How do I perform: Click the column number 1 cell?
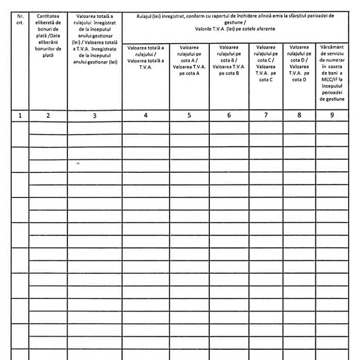20,116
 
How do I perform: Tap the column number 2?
48,116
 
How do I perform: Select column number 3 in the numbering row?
95,116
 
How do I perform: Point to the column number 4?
146,116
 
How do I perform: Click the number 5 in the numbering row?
189,116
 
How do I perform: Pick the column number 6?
229,116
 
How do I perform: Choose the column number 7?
266,116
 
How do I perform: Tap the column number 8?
299,116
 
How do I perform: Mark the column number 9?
332,116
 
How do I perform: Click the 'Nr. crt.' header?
20,20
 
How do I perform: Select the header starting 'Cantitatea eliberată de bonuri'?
48,36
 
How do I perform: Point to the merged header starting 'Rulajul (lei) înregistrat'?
236,22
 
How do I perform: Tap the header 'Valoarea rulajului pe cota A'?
189,60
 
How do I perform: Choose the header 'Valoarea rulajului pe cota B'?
229,60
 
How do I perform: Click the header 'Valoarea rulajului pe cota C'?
266,63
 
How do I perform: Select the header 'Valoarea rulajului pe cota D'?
299,63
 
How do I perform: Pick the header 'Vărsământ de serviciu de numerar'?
332,72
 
